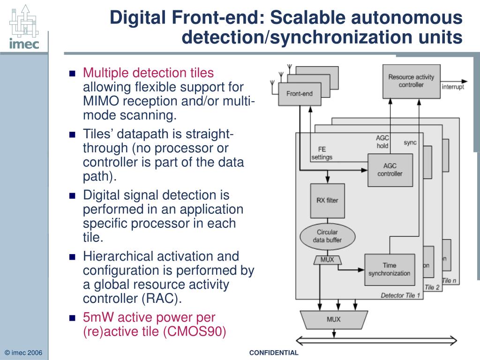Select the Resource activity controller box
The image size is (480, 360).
[x=411, y=81]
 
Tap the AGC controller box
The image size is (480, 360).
[x=390, y=170]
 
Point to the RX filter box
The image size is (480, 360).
[x=327, y=201]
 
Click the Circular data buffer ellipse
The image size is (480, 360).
[x=327, y=236]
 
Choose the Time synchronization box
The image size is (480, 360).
[x=389, y=270]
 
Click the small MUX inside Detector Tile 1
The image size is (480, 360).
[x=327, y=260]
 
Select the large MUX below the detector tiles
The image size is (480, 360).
[x=333, y=320]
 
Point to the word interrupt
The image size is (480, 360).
[x=453, y=87]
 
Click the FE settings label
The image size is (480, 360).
[x=322, y=154]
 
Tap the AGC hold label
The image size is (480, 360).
[x=382, y=142]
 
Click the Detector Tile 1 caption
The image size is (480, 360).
[x=400, y=295]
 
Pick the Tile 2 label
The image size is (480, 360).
[x=432, y=287]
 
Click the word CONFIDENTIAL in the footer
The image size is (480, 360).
[x=274, y=353]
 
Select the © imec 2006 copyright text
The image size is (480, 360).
[x=23, y=353]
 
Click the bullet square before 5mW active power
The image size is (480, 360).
[x=72, y=318]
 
